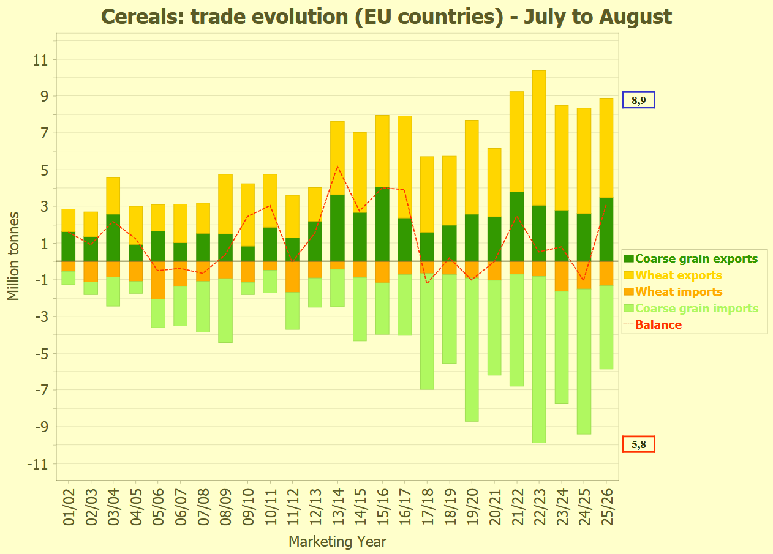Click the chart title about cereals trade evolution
coord(386,17)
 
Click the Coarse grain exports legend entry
coord(696,259)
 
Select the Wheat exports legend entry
coord(679,275)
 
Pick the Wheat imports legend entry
coord(679,292)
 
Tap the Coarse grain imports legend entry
coord(696,309)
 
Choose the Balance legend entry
coord(658,325)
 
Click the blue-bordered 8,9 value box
coord(638,100)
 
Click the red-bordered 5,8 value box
coord(638,444)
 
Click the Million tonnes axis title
coord(13,256)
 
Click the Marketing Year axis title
coord(337,542)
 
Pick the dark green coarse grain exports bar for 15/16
coord(382,224)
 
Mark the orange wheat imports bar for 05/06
coord(158,280)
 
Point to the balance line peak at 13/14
coord(337,166)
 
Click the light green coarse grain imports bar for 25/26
coord(606,327)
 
